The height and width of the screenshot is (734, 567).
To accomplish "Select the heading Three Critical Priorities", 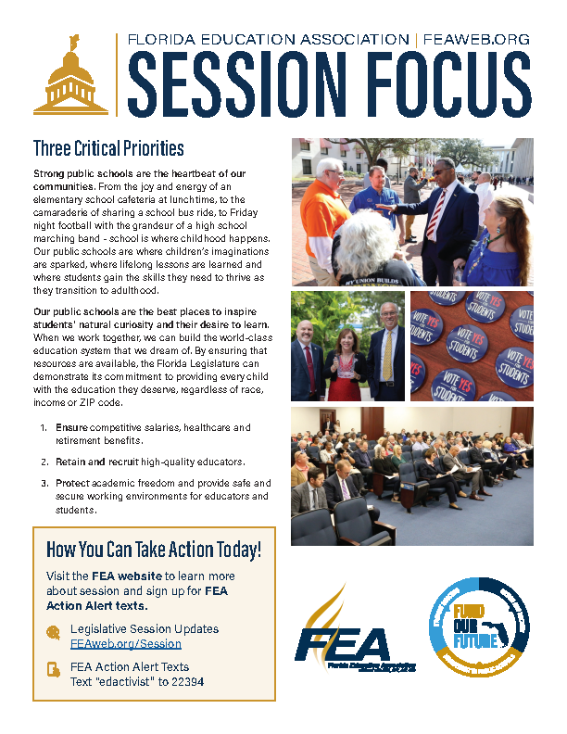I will click(x=108, y=149).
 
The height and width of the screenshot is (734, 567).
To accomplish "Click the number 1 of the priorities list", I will click(x=43, y=427).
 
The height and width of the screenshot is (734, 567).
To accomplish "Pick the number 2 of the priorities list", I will click(x=43, y=461).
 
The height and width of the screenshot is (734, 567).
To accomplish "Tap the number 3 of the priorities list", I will click(x=43, y=483).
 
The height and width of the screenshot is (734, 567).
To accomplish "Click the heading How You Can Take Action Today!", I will click(x=154, y=550).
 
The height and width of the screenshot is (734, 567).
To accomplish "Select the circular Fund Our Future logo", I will click(x=479, y=627).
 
